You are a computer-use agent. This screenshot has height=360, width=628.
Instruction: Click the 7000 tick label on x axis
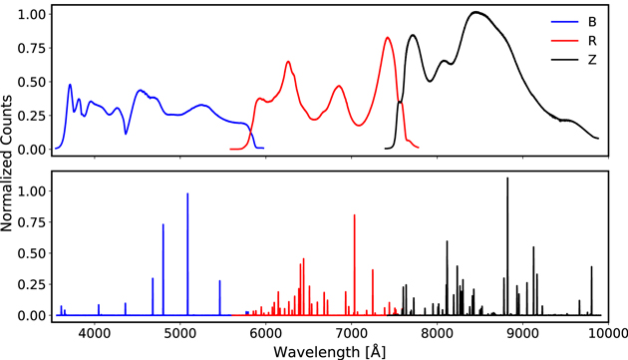pyautogui.click(x=352, y=331)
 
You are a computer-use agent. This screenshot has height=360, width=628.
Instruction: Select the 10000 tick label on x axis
pyautogui.click(x=605, y=331)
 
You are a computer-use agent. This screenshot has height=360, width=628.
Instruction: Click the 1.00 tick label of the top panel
pyautogui.click(x=30, y=15)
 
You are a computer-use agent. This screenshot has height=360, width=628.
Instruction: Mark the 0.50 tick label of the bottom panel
pyautogui.click(x=30, y=252)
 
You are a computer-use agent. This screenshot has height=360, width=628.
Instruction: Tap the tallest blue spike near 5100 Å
pyautogui.click(x=187, y=194)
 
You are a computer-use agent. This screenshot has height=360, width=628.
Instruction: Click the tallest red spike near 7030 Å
pyautogui.click(x=354, y=215)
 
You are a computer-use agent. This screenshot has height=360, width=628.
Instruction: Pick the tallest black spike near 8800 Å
pyautogui.click(x=507, y=180)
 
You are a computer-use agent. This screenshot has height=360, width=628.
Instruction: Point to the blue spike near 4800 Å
pyautogui.click(x=163, y=225)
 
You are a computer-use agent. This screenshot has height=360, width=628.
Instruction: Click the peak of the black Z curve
pyautogui.click(x=476, y=13)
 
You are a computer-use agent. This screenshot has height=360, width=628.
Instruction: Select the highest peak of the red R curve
pyautogui.click(x=388, y=38)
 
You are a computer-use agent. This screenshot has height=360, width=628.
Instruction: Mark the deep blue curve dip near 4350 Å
pyautogui.click(x=126, y=133)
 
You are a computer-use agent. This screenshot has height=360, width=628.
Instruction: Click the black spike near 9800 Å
pyautogui.click(x=592, y=267)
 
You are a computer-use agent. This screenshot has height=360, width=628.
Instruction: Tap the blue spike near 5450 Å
pyautogui.click(x=219, y=281)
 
